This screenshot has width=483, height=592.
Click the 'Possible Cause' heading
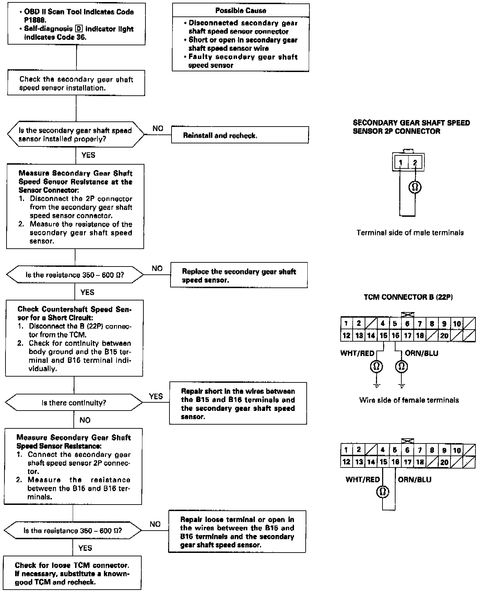click(240, 11)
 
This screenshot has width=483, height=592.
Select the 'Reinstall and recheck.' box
click(240, 135)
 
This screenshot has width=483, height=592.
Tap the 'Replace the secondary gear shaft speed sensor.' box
click(239, 275)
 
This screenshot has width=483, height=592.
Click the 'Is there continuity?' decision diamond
click(74, 403)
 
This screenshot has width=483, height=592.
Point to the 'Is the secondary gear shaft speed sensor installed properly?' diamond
click(75, 135)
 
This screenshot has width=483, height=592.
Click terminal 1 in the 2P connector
click(400, 163)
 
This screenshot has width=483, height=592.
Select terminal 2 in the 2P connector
click(415, 163)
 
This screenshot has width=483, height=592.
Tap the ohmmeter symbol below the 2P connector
click(415, 187)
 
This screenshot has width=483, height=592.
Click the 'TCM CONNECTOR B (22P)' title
click(408, 297)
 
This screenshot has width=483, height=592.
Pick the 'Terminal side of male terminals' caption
click(410, 233)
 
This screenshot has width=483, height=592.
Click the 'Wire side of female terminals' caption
click(409, 400)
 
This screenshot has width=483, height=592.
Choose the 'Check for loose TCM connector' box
click(72, 573)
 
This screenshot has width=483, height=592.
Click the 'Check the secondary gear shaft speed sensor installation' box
click(76, 84)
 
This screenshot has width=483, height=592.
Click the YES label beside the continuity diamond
click(156, 396)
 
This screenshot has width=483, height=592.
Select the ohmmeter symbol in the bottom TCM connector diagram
click(382, 492)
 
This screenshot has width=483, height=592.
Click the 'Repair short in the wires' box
click(238, 404)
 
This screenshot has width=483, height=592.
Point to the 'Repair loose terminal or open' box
click(237, 532)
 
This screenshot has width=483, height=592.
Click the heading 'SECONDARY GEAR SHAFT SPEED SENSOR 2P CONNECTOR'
click(411, 127)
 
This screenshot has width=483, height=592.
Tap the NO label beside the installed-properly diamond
click(158, 129)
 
